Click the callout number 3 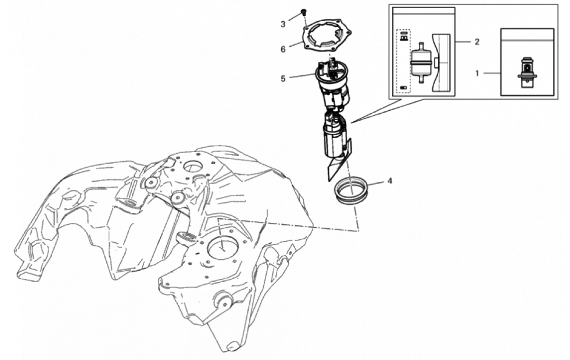click(283, 24)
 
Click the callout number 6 click(283, 49)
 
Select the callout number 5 click(283, 78)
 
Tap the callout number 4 click(390, 181)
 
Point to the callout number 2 click(477, 42)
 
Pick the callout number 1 click(477, 73)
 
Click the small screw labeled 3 click(303, 13)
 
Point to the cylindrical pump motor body click(333, 140)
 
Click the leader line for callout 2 click(462, 42)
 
